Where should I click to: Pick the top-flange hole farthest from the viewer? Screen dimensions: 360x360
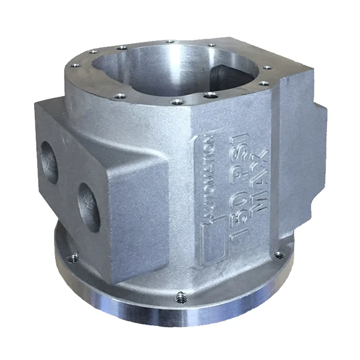(170, 42)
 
